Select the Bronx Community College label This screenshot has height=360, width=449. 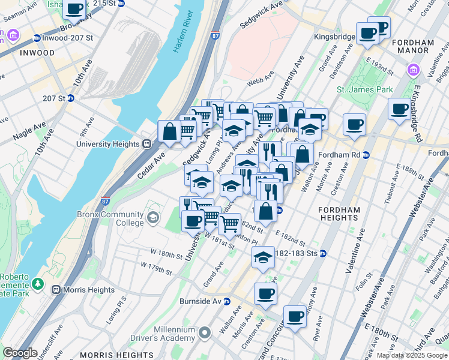pyautogui.click(x=110, y=219)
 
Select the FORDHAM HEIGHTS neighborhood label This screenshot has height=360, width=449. pyautogui.click(x=339, y=214)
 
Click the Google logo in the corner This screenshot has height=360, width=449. pyautogui.click(x=20, y=353)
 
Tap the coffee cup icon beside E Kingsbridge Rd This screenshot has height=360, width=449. pyautogui.click(x=399, y=109)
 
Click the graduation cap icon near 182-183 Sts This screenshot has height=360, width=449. pyautogui.click(x=263, y=257)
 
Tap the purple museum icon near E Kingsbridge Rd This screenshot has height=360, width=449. pyautogui.click(x=413, y=71)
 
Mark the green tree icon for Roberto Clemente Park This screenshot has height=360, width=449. pyautogui.click(x=38, y=282)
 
